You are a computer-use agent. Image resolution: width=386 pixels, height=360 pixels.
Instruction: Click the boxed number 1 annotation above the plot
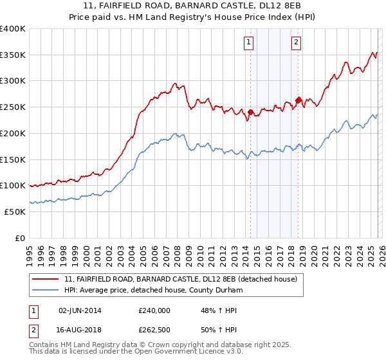[x=249, y=43]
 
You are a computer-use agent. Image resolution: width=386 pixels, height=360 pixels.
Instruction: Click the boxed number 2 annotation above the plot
[x=297, y=43]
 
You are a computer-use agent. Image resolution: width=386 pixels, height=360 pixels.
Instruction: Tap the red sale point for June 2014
[x=250, y=112]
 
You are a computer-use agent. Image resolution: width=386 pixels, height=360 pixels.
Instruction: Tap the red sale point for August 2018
[x=298, y=100]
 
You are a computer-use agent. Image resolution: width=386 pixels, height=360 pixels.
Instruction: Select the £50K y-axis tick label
[x=14, y=212]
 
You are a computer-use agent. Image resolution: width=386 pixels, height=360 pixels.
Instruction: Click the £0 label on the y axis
[x=19, y=238]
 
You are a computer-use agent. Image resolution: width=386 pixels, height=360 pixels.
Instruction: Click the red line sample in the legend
[x=46, y=280]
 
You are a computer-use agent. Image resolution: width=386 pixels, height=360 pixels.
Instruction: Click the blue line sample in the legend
[x=46, y=291]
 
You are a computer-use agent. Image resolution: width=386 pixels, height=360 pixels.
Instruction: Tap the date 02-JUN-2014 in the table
[x=80, y=310]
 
